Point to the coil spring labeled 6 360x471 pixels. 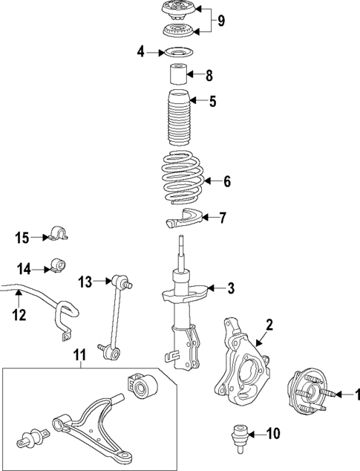pyautogui.click(x=182, y=178)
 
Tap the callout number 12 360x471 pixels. pyautogui.click(x=19, y=315)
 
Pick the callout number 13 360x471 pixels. pyautogui.click(x=85, y=281)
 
